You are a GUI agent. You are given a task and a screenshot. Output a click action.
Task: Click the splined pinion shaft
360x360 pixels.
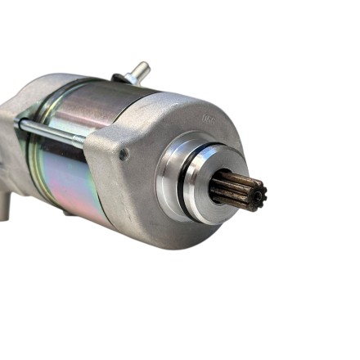pyautogui.click(x=237, y=191)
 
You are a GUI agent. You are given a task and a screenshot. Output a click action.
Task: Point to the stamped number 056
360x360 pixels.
pyautogui.click(x=209, y=119)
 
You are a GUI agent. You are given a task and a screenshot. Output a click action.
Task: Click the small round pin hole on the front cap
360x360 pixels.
pyautogui.click(x=124, y=153)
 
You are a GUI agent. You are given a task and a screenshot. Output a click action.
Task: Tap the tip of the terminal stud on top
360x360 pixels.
pyautogui.click(x=144, y=65)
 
